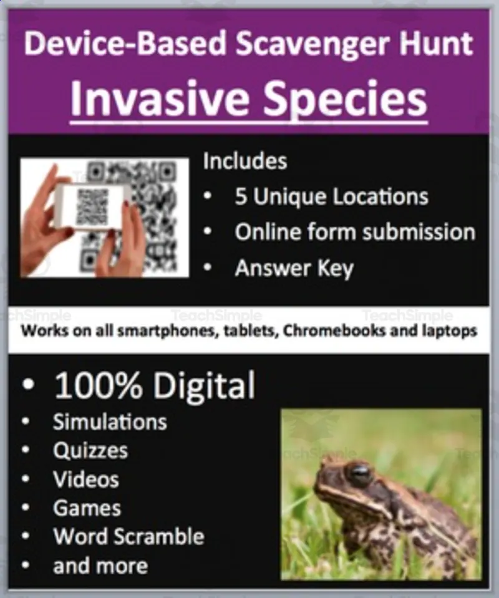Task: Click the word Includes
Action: click(x=245, y=161)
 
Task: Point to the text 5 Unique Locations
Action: click(x=331, y=196)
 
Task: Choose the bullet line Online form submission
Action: click(x=354, y=232)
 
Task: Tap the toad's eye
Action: click(x=360, y=473)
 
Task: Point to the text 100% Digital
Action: click(x=155, y=385)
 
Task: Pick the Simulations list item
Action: click(x=110, y=422)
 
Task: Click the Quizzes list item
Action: click(x=90, y=450)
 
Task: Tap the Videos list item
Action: click(x=86, y=479)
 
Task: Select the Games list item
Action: click(x=87, y=508)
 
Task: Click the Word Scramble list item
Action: click(x=128, y=536)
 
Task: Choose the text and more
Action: click(x=100, y=566)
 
